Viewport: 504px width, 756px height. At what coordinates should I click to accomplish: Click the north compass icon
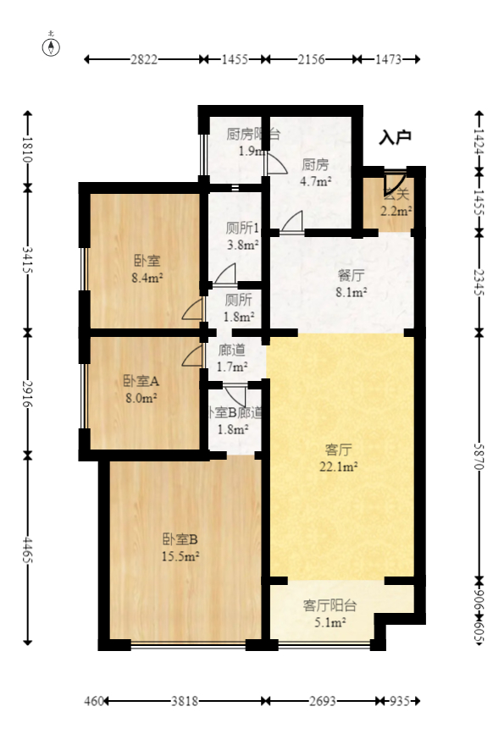pyautogui.click(x=52, y=46)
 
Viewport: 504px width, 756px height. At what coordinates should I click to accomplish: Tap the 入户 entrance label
pyautogui.click(x=395, y=136)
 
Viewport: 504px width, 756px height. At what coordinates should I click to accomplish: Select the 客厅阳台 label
pyautogui.click(x=330, y=605)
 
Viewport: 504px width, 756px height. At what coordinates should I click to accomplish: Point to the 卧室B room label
pyautogui.click(x=180, y=538)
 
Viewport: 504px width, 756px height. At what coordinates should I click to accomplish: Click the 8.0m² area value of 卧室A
pyautogui.click(x=140, y=396)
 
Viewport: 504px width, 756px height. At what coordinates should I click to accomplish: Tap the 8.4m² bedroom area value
pyautogui.click(x=147, y=277)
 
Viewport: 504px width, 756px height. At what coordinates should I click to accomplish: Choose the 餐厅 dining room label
pyautogui.click(x=351, y=275)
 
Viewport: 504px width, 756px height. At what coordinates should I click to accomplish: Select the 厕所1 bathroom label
pyautogui.click(x=242, y=228)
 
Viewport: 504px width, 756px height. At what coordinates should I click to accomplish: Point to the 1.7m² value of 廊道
pyautogui.click(x=233, y=367)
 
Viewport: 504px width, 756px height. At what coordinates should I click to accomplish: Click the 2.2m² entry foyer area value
pyautogui.click(x=396, y=212)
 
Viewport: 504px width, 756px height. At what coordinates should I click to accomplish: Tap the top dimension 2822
pyautogui.click(x=143, y=59)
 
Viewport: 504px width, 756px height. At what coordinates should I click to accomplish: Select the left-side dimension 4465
pyautogui.click(x=28, y=553)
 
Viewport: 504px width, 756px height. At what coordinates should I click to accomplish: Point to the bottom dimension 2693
pyautogui.click(x=321, y=702)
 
